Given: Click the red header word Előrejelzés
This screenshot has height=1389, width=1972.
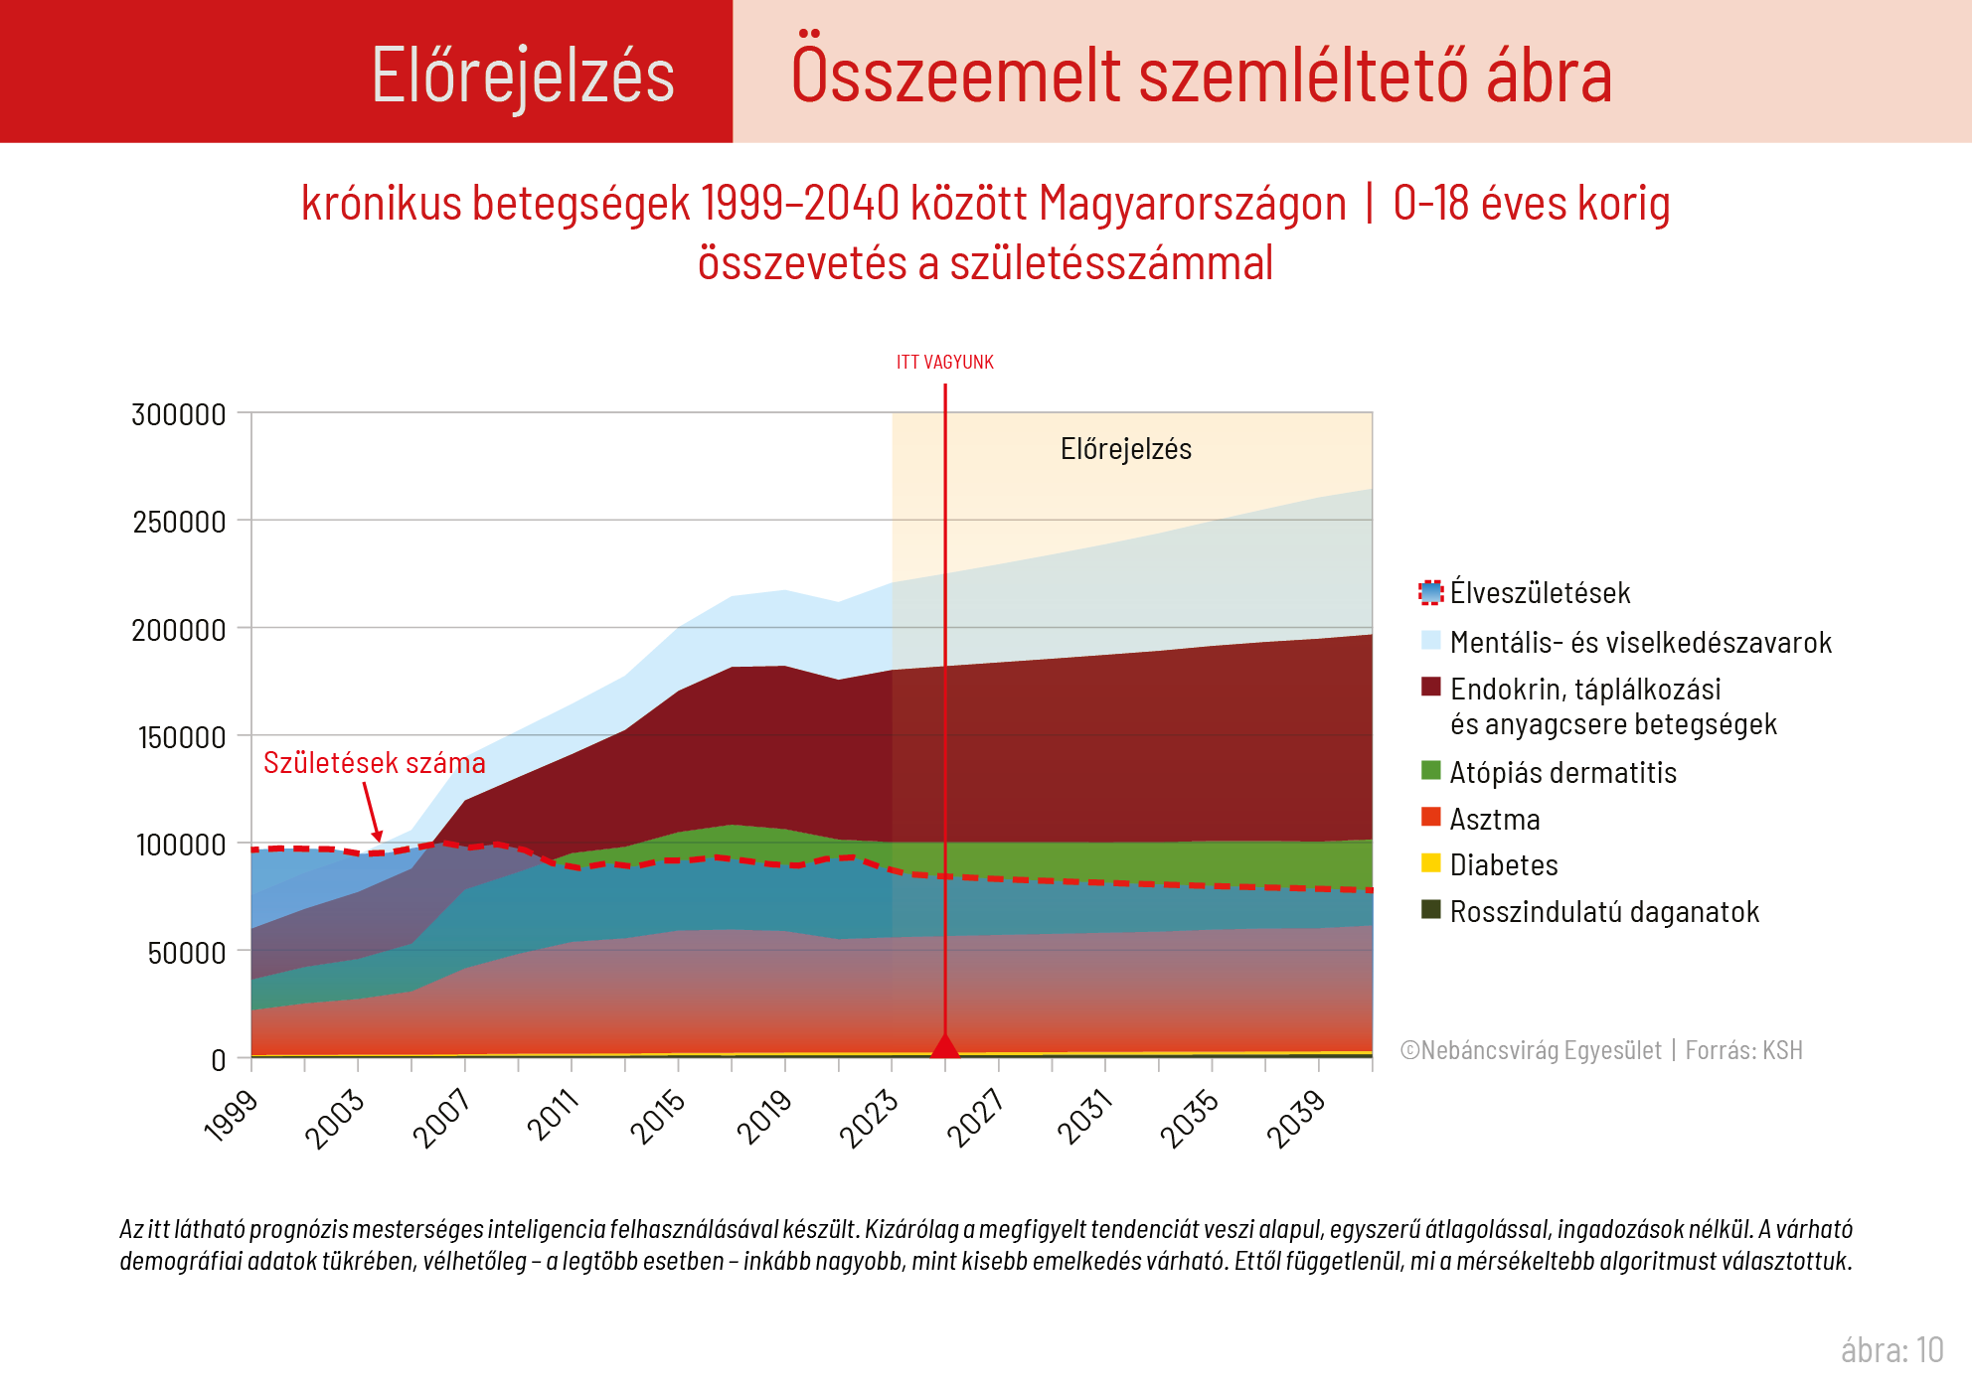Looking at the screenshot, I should [x=523, y=76].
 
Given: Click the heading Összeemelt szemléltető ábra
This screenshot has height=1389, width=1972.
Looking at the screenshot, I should [x=1201, y=76].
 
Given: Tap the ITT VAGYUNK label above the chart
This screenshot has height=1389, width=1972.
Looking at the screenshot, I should [x=944, y=363].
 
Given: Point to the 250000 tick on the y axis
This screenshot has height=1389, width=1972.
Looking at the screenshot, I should [x=179, y=522].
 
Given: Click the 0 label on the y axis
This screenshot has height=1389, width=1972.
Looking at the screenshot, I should [x=219, y=1060].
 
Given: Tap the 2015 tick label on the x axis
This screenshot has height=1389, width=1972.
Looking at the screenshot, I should [x=659, y=1116].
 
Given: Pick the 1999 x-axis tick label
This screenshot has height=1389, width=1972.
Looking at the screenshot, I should [x=232, y=1116].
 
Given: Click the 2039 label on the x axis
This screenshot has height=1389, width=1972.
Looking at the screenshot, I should [x=1296, y=1118].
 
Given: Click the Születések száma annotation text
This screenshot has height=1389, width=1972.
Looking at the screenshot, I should [x=374, y=763].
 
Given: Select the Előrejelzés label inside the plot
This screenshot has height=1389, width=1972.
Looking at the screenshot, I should [x=1125, y=449].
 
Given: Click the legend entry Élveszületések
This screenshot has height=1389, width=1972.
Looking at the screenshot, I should [x=1539, y=593].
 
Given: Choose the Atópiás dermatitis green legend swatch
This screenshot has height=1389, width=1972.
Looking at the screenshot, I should [x=1430, y=771].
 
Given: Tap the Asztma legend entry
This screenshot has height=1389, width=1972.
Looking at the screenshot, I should [x=1494, y=820].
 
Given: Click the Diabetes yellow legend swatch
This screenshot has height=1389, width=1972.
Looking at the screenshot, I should [x=1430, y=863].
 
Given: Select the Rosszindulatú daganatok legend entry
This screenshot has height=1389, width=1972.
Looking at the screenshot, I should [x=1603, y=912].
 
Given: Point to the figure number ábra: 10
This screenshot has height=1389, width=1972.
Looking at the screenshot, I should [x=1890, y=1350].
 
